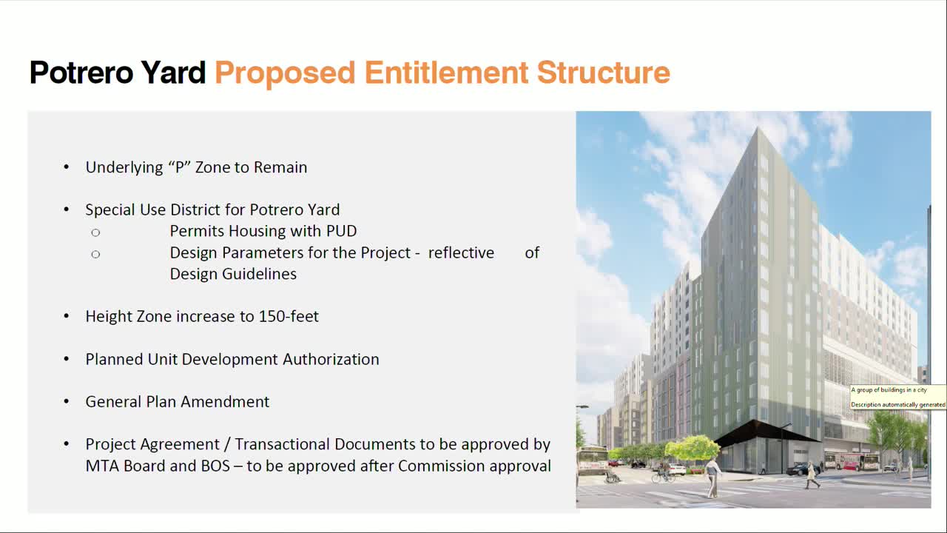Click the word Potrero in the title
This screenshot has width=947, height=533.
(x=82, y=73)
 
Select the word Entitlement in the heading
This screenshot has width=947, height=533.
(x=446, y=73)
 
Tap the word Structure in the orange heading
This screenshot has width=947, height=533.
(x=603, y=73)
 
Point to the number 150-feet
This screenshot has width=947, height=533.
(x=289, y=316)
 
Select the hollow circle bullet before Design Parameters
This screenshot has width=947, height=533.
(x=95, y=254)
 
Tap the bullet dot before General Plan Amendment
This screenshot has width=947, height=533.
(x=67, y=402)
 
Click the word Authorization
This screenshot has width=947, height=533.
(x=331, y=359)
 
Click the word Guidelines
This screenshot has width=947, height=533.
(x=233, y=274)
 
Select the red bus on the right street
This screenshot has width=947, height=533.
(x=851, y=462)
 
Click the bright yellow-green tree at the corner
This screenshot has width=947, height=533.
(x=693, y=447)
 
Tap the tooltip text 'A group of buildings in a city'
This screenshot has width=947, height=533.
(x=889, y=390)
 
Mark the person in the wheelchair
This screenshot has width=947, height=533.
(x=610, y=477)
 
